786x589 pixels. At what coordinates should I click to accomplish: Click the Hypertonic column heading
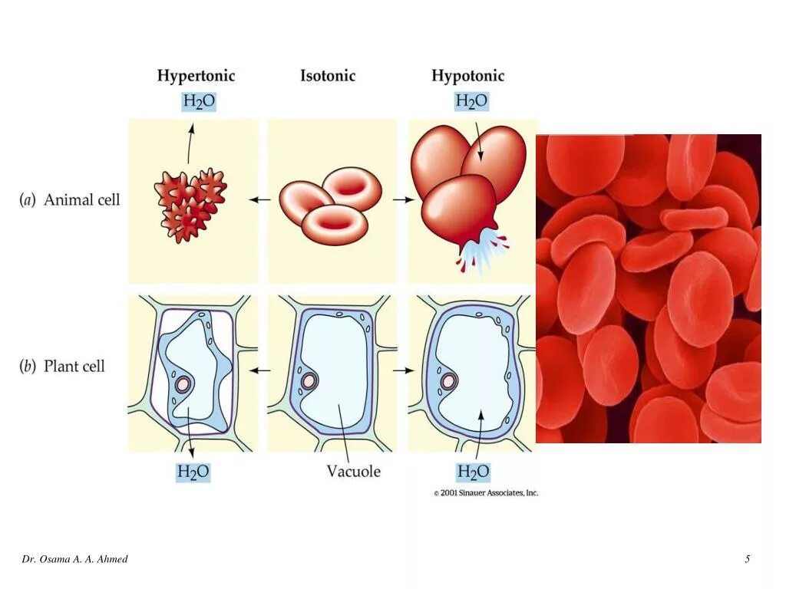click(x=196, y=76)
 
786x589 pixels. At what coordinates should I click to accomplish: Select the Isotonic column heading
click(x=328, y=76)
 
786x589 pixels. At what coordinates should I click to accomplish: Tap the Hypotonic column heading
click(x=467, y=76)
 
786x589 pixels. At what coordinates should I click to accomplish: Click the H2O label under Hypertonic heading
click(x=199, y=101)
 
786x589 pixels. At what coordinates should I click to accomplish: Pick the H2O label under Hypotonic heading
click(x=471, y=101)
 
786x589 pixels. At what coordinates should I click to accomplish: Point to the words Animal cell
click(x=81, y=200)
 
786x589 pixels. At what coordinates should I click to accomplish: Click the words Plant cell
click(x=74, y=366)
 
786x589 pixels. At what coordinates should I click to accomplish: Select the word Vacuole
click(x=353, y=471)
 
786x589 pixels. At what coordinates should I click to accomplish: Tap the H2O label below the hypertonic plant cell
click(x=193, y=472)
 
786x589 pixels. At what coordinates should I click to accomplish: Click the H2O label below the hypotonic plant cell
click(x=473, y=471)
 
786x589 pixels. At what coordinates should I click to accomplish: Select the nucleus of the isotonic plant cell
click(x=308, y=380)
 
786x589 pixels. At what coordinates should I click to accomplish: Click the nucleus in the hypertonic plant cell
click(x=183, y=384)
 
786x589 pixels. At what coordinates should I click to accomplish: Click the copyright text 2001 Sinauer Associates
click(x=486, y=493)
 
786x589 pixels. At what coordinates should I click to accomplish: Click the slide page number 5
click(x=747, y=559)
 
